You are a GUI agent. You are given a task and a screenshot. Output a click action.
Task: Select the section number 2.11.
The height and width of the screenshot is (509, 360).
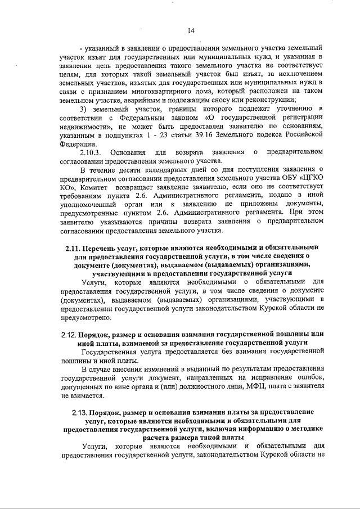coord(73,247)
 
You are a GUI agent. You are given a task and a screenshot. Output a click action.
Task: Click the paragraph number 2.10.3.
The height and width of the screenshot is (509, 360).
coord(91,152)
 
